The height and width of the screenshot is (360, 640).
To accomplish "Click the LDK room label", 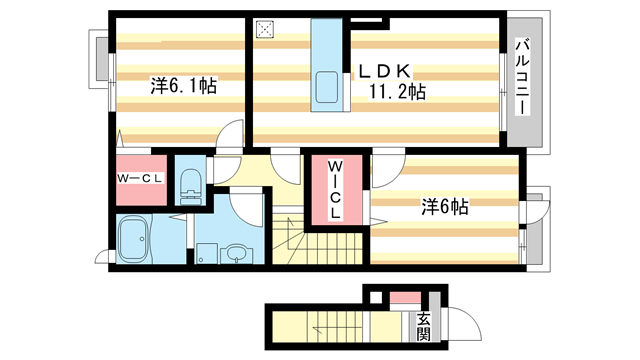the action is point(385,72).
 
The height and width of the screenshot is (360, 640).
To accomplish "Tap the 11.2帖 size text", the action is point(398,92).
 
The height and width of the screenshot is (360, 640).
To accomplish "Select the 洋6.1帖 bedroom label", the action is point(183,86).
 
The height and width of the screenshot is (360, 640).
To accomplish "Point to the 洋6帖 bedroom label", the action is point(444,207).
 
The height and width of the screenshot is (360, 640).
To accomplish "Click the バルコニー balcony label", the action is point(522,77).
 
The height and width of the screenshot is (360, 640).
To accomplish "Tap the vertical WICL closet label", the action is point(336,189).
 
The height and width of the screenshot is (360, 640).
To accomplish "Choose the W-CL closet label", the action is point(140,178).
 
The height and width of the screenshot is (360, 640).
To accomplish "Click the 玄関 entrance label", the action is point(424,327).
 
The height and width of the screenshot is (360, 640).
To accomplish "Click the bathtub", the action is point(133,240).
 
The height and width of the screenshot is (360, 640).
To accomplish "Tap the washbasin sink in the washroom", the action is point(237,254).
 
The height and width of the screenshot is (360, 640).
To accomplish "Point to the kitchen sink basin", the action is point(327,87).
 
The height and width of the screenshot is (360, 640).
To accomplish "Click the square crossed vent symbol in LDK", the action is point(265,30).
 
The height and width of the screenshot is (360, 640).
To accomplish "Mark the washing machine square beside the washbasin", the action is point(207,253).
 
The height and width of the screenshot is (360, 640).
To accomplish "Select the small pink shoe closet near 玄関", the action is point(405,298).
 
